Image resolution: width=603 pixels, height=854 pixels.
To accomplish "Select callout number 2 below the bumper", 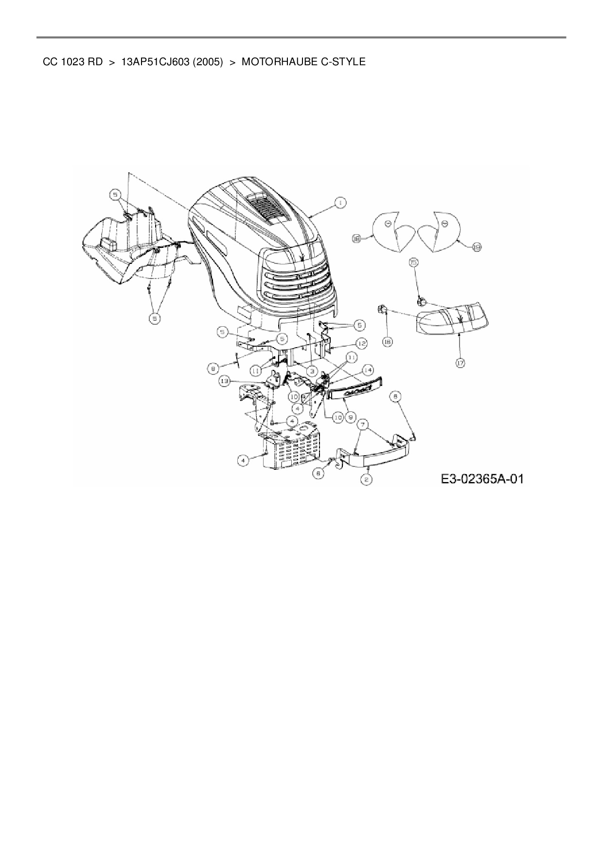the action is [367, 480].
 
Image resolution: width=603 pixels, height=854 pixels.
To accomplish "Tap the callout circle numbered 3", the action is [308, 371].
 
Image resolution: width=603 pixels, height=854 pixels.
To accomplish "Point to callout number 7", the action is [362, 425].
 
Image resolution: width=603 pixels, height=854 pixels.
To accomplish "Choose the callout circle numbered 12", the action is [361, 344].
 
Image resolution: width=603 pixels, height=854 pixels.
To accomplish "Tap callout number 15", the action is [413, 263].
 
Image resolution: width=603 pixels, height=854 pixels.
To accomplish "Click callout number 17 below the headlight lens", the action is [460, 362].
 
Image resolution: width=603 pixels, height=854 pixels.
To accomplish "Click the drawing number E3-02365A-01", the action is [482, 479].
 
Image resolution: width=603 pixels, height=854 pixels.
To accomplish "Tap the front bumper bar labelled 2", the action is [374, 457].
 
